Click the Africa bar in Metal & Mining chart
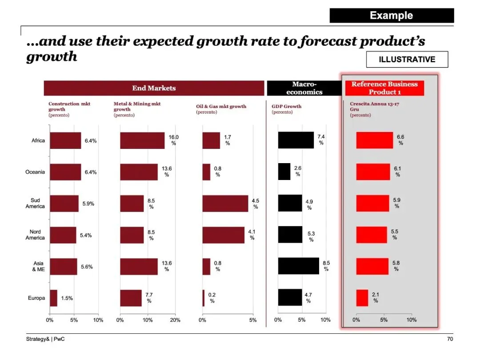point(142,140)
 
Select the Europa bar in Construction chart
point(53,298)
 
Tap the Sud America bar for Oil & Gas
point(225,204)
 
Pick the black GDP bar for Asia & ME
point(298,266)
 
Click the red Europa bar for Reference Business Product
point(362,298)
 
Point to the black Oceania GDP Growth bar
point(284,172)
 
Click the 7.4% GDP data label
point(321,140)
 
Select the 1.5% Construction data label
point(67,298)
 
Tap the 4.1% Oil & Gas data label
point(252,235)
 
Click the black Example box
point(392,16)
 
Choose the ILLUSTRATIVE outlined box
point(407,60)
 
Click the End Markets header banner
point(154,88)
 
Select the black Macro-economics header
point(304,88)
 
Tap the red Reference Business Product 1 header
point(384,88)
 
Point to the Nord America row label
point(35,235)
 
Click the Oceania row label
point(35,172)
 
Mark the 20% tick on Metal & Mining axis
point(176,320)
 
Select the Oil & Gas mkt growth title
point(221,106)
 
